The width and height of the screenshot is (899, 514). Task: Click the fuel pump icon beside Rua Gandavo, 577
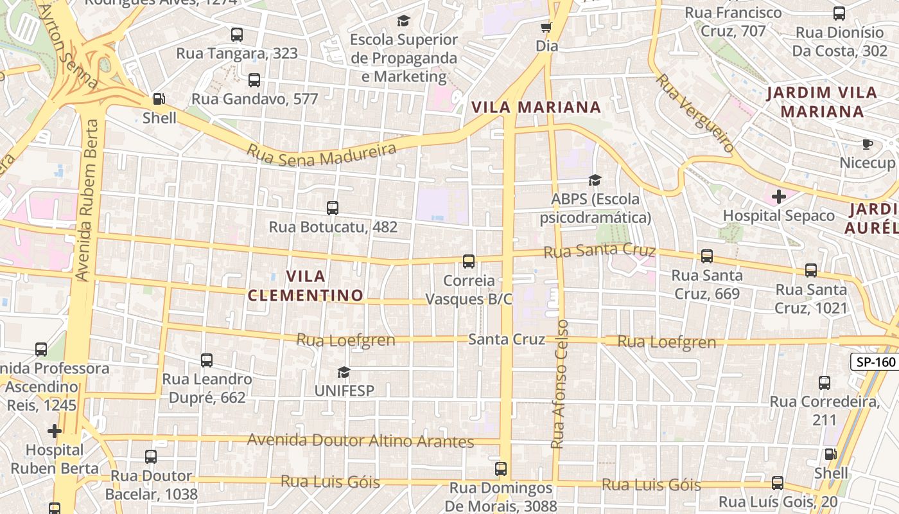(159, 99)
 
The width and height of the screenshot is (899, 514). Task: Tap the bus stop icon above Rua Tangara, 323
(237, 34)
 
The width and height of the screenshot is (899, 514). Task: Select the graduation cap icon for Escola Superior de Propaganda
(403, 21)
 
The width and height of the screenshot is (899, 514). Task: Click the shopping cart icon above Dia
(546, 27)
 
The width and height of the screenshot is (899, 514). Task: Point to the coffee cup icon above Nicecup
(868, 144)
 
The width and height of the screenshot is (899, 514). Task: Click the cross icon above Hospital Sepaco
(778, 197)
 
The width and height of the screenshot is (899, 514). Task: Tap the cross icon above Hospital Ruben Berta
(55, 430)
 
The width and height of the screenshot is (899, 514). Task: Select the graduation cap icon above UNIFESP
(344, 372)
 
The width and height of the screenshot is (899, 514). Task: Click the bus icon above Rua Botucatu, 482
(332, 208)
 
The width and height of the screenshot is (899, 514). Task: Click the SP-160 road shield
(875, 362)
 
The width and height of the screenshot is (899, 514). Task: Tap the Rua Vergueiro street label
(694, 113)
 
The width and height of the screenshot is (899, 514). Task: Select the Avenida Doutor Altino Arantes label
(360, 441)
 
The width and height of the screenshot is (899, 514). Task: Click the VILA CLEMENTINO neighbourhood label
(306, 286)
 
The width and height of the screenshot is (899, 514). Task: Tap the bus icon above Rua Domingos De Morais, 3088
(501, 469)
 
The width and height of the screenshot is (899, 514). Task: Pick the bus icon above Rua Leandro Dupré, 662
(206, 360)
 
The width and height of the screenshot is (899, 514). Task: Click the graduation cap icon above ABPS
(595, 180)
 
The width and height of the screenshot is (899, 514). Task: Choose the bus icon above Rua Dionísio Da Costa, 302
(839, 13)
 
